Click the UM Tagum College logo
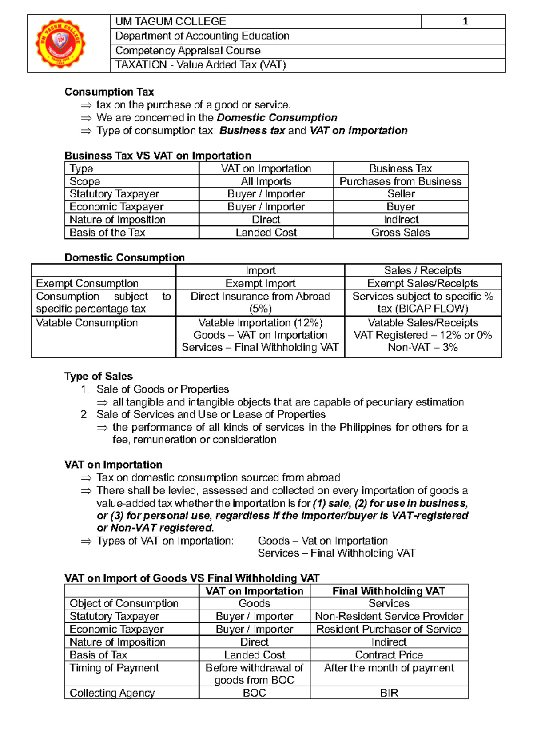(x=61, y=43)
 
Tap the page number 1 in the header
(x=465, y=21)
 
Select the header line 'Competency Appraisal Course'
(x=188, y=51)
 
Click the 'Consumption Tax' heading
(x=109, y=92)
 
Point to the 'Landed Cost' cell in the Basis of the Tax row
(x=266, y=233)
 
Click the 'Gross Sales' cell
(x=401, y=233)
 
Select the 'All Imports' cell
(x=266, y=181)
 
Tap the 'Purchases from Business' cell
(x=401, y=181)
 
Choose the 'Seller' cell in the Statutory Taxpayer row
(x=401, y=194)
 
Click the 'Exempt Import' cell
(x=260, y=284)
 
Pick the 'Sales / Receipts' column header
(x=423, y=271)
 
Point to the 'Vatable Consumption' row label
(x=87, y=323)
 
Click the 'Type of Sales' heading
(x=99, y=377)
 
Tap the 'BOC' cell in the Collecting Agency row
(x=255, y=693)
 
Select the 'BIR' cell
(x=389, y=693)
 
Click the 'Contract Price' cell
(x=389, y=655)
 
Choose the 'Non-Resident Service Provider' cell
(x=389, y=616)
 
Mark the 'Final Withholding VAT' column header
(x=389, y=591)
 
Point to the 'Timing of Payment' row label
(x=114, y=668)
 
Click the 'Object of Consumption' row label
(x=124, y=603)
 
